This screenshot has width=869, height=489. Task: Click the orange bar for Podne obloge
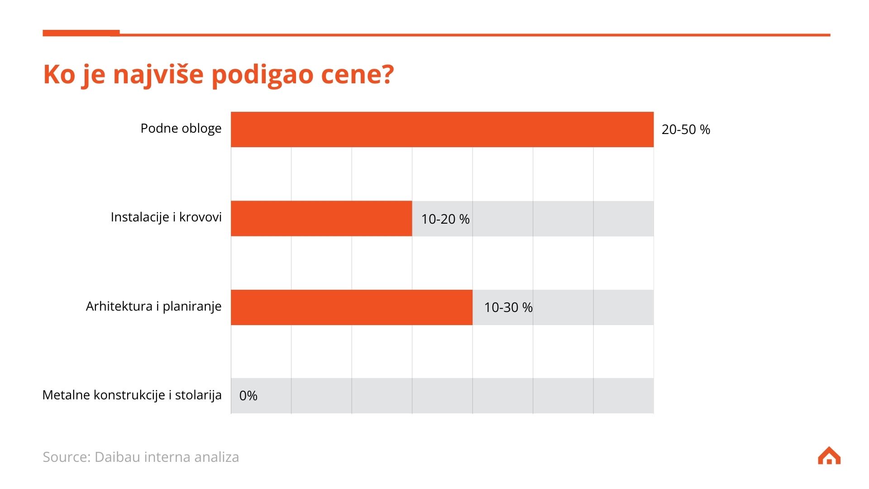point(442,129)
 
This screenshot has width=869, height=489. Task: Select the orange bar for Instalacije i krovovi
point(321,218)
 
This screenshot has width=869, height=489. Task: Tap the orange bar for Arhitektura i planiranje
point(351,307)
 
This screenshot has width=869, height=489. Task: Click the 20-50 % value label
point(686,129)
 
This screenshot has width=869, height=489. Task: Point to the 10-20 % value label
point(445,219)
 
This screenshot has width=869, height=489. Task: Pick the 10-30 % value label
point(508,307)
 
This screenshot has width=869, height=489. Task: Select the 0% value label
point(248,396)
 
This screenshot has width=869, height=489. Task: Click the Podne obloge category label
point(181,129)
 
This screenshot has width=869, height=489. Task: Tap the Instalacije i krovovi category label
point(166,217)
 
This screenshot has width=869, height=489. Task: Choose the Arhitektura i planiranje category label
point(153,307)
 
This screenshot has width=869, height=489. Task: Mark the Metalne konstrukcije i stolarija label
point(132,395)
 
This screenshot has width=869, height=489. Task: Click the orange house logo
point(829,456)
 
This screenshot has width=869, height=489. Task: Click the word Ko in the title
point(59,74)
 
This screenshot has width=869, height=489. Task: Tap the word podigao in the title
point(262,75)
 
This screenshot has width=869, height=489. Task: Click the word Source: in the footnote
point(67,457)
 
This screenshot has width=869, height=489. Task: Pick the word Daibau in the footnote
point(117,457)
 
